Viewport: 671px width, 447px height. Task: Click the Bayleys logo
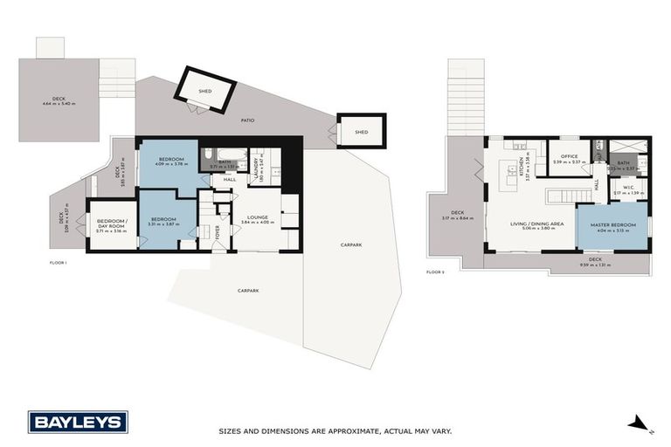78,423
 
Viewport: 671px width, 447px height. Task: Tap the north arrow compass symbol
640,424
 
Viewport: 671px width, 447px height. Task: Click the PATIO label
248,120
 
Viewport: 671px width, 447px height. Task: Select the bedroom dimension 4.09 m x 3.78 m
170,164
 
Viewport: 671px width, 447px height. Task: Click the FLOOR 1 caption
58,261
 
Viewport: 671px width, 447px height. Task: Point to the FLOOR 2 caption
435,272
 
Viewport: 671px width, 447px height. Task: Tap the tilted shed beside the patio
206,90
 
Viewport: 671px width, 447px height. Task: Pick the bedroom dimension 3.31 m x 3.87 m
163,224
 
